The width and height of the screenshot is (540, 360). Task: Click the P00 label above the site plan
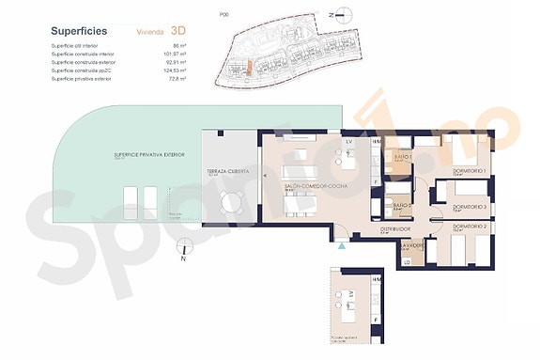pos(223,14)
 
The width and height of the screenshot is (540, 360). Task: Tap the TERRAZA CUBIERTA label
pos(229,173)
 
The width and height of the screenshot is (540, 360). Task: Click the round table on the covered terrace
pos(229,203)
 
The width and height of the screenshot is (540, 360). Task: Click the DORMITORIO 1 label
pos(471,170)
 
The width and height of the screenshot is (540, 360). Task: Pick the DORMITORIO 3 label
pos(471,206)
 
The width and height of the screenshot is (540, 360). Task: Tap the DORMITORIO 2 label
pos(472,227)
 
